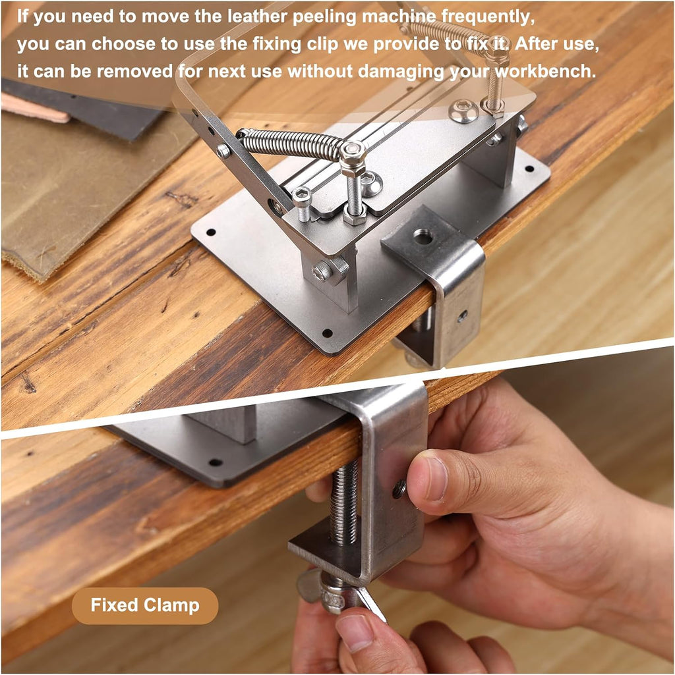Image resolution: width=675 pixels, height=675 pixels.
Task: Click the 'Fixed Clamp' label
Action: pos(145,605)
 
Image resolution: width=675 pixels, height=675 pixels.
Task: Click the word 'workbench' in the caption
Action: pos(544,71)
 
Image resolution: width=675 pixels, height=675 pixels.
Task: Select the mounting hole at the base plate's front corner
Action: pos(328,333)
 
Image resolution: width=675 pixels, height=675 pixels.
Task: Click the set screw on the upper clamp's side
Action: pos(463,316)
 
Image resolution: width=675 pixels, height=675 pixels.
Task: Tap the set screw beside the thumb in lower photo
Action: pos(399,489)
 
